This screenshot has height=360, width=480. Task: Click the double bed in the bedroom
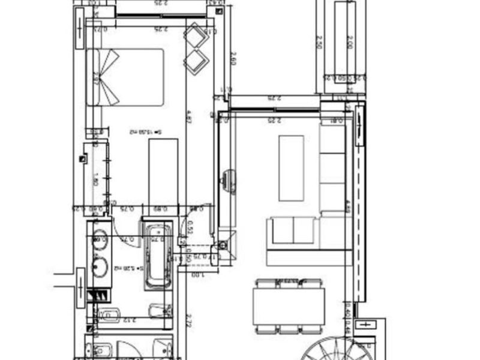pos(126,77)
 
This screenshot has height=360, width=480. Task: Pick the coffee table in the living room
pos(291,168)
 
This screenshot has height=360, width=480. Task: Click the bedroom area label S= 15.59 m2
pos(142,131)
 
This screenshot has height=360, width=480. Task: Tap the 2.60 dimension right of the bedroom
pos(233,59)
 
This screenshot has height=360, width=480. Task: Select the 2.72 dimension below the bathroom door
pos(188,321)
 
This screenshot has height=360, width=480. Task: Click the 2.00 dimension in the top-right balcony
pos(349,42)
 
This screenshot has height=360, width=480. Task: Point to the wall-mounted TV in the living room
pos(228,180)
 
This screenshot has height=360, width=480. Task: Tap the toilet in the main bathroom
pos(109,314)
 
